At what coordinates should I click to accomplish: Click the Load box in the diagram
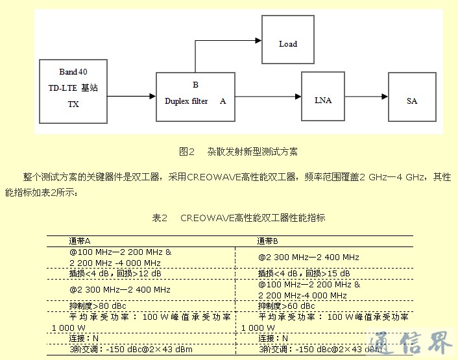click(x=287, y=44)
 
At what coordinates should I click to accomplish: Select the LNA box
click(x=322, y=101)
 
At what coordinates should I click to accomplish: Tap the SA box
click(x=412, y=101)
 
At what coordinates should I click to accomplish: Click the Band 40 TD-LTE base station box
click(x=73, y=91)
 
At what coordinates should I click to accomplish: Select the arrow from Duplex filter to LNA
click(x=267, y=97)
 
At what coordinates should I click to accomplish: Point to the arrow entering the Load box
click(x=227, y=41)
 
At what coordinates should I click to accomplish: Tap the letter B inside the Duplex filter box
click(x=195, y=85)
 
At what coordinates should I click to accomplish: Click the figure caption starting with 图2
click(x=238, y=152)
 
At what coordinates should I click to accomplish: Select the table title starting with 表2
click(x=238, y=218)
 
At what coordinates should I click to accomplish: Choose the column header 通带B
click(x=268, y=241)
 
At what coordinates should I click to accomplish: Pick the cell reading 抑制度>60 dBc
click(x=286, y=306)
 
